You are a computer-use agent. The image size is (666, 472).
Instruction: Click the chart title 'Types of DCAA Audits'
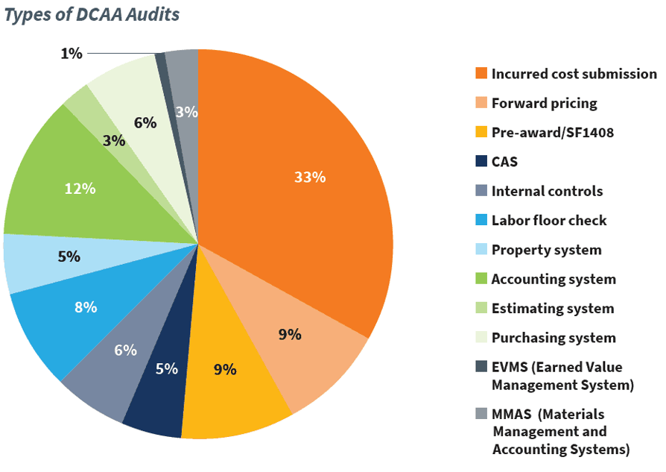pyautogui.click(x=92, y=14)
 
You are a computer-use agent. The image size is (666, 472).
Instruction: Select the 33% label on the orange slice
pyautogui.click(x=309, y=177)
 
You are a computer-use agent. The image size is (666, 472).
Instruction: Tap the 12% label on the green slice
pyautogui.click(x=80, y=189)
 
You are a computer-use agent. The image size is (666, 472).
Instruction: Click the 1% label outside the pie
pyautogui.click(x=71, y=53)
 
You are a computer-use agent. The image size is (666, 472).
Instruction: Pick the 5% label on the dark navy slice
pyautogui.click(x=167, y=368)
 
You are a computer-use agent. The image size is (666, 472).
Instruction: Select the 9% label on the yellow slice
pyautogui.click(x=224, y=368)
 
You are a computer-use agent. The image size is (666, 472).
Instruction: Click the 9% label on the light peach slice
pyautogui.click(x=290, y=334)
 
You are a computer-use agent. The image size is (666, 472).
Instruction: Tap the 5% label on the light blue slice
pyautogui.click(x=69, y=256)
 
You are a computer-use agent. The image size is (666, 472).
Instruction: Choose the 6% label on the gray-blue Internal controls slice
pyautogui.click(x=124, y=350)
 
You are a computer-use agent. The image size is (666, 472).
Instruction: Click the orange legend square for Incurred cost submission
pyautogui.click(x=481, y=74)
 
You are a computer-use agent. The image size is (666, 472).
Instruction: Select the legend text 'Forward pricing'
pyautogui.click(x=544, y=103)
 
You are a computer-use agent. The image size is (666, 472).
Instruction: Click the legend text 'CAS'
pyautogui.click(x=504, y=161)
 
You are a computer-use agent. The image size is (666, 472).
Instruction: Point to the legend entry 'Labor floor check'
pyautogui.click(x=549, y=220)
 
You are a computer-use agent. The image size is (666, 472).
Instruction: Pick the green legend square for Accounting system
pyautogui.click(x=481, y=279)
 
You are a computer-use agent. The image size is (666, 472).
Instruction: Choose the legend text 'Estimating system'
pyautogui.click(x=552, y=308)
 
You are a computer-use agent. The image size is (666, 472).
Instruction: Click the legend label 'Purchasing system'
pyautogui.click(x=554, y=337)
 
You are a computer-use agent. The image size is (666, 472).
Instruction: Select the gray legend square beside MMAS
pyautogui.click(x=481, y=414)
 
